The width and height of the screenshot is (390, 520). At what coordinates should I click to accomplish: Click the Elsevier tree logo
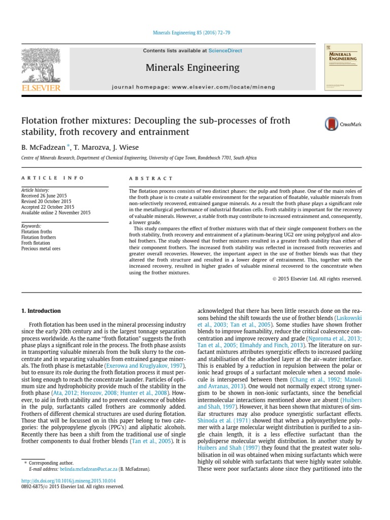click(x=40, y=64)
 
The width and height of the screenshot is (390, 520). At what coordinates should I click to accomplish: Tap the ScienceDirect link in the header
click(x=225, y=51)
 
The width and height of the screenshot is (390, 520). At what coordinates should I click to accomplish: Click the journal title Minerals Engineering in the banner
click(x=192, y=68)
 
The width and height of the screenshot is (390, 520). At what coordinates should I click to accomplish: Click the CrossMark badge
click(x=339, y=124)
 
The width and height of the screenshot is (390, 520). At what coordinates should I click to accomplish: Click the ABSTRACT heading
click(x=151, y=178)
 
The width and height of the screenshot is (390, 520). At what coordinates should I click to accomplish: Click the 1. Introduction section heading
click(x=41, y=311)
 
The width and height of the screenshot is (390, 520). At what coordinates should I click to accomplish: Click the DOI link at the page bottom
click(x=68, y=480)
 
